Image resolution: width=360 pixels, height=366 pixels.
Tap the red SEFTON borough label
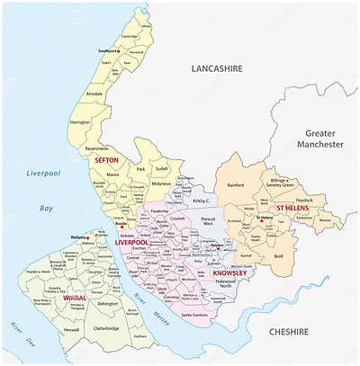[x=107, y=160]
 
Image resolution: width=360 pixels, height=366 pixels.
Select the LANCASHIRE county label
[x=220, y=68]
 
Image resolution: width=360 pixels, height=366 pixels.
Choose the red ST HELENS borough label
[x=293, y=208]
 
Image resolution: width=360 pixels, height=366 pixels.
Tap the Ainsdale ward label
[x=94, y=94]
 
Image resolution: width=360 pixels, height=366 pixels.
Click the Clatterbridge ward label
[x=106, y=329]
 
